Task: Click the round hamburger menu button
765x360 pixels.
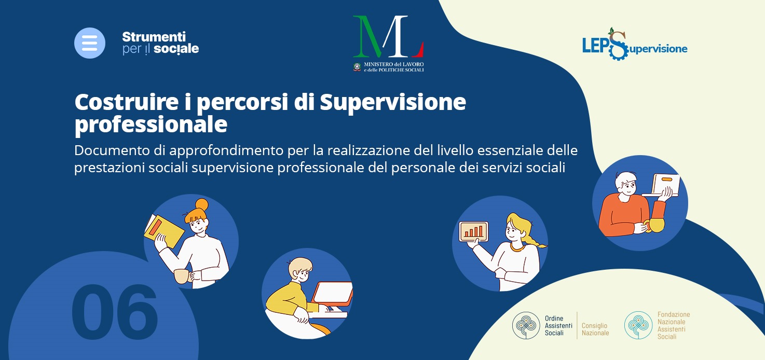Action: pyautogui.click(x=89, y=43)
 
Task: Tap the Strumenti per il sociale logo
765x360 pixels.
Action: pyautogui.click(x=160, y=43)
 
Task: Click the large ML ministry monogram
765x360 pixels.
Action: pyautogui.click(x=388, y=36)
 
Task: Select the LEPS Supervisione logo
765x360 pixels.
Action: pyautogui.click(x=635, y=45)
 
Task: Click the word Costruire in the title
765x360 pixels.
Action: pyautogui.click(x=126, y=102)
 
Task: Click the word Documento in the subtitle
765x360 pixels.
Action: pyautogui.click(x=112, y=150)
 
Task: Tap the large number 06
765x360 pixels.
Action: pyautogui.click(x=115, y=312)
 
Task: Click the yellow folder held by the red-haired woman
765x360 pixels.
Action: pyautogui.click(x=164, y=231)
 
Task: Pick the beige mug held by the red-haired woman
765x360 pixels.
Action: pyautogui.click(x=182, y=276)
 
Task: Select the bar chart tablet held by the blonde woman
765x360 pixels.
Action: pyautogui.click(x=473, y=231)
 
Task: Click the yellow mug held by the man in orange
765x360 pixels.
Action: pyautogui.click(x=655, y=225)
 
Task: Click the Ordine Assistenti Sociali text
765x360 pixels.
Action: pyautogui.click(x=558, y=326)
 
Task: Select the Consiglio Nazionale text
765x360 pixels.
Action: pyautogui.click(x=595, y=329)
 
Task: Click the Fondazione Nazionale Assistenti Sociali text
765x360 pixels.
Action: pyautogui.click(x=674, y=326)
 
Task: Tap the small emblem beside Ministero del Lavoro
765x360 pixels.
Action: pyautogui.click(x=357, y=67)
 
